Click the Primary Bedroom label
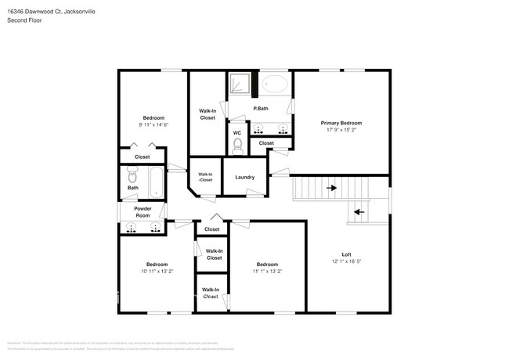(341, 123)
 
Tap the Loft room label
(345, 254)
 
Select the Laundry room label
(244, 177)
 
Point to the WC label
(237, 132)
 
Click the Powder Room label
(143, 212)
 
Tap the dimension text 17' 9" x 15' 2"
(341, 131)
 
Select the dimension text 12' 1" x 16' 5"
(345, 262)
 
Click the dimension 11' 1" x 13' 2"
(267, 272)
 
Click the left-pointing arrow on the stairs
(359, 211)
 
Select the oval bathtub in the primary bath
(275, 83)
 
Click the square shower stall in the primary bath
(239, 83)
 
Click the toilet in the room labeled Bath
(132, 175)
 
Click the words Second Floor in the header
(24, 20)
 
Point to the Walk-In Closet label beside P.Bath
(207, 114)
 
